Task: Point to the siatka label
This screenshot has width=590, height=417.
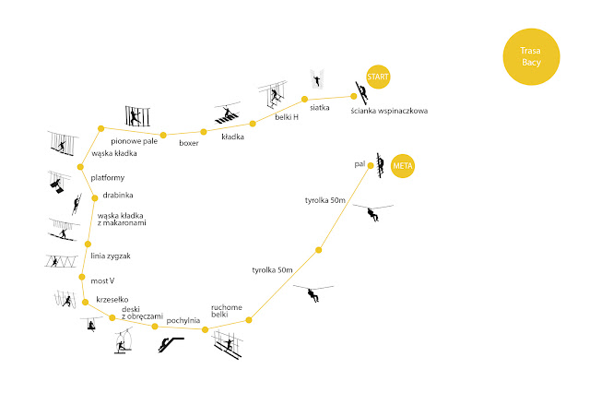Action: point(320,106)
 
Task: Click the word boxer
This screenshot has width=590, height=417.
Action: point(189,143)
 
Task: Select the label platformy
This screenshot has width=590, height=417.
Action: point(108,177)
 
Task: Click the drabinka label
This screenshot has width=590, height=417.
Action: point(118,195)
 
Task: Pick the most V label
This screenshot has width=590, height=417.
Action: point(103,280)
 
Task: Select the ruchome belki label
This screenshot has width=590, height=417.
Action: point(226,311)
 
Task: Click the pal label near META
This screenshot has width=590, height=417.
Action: point(360,163)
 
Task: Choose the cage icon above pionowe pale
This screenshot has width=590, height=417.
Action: point(136,116)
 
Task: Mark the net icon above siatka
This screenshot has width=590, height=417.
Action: point(319,78)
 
